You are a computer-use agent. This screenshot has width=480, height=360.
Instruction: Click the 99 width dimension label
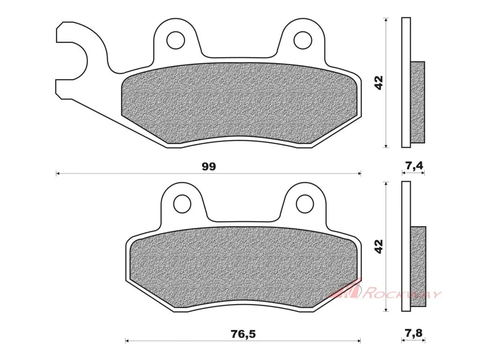pyautogui.click(x=209, y=166)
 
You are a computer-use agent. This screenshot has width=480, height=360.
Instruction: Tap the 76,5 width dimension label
pyautogui.click(x=243, y=334)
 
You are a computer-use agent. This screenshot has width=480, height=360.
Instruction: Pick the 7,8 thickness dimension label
pyautogui.click(x=414, y=333)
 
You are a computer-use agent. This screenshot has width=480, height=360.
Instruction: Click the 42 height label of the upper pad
pyautogui.click(x=379, y=82)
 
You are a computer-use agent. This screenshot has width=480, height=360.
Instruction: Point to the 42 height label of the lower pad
pyautogui.click(x=379, y=247)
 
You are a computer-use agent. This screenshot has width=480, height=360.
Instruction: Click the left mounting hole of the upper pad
pyautogui.click(x=175, y=40)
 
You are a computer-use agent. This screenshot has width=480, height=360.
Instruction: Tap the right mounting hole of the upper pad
pyautogui.click(x=302, y=40)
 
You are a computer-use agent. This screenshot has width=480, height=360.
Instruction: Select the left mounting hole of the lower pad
pyautogui.click(x=182, y=203)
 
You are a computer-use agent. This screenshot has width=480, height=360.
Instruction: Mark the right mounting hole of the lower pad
pyautogui.click(x=305, y=203)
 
